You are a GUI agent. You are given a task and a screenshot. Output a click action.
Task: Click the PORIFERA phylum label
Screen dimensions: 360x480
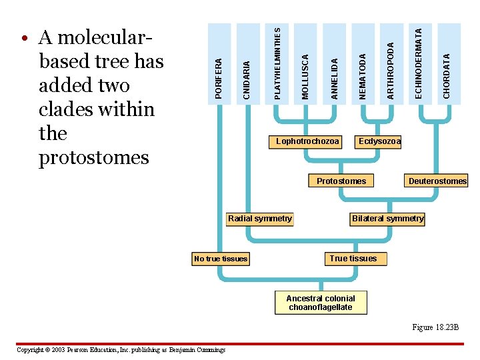[x=219, y=79]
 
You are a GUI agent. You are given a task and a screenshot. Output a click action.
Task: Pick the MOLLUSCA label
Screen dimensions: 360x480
[x=305, y=77]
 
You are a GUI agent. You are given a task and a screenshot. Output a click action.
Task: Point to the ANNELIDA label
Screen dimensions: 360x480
[x=335, y=79]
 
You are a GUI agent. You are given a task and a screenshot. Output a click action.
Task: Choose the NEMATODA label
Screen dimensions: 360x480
[x=363, y=77]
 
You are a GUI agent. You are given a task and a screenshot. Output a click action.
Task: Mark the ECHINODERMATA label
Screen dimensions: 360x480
[x=419, y=63]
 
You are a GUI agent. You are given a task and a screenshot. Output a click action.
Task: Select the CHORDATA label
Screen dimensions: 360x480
[x=447, y=76]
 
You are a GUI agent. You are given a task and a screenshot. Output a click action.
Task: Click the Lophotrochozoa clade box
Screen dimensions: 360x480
[x=308, y=141]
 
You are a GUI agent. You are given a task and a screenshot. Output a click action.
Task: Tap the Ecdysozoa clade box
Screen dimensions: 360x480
[x=379, y=141]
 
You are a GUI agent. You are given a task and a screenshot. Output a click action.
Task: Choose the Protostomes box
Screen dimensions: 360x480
[x=341, y=181]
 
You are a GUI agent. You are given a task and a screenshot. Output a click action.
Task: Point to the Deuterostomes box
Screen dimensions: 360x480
[x=437, y=181]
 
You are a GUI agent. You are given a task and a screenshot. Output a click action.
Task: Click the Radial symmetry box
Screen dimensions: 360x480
[x=260, y=219]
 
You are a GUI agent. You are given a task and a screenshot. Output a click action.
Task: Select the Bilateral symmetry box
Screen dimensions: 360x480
[x=387, y=219]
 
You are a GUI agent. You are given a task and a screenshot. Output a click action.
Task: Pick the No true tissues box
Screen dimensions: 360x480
[x=221, y=259]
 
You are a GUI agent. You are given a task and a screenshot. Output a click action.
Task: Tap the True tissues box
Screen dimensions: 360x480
[x=353, y=259]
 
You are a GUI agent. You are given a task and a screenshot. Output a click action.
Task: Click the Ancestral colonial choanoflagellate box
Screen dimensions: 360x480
[x=321, y=303]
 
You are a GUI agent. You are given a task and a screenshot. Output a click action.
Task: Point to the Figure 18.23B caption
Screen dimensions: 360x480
[x=435, y=327]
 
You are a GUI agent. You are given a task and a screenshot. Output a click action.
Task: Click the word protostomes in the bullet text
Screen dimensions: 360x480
[x=94, y=158]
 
